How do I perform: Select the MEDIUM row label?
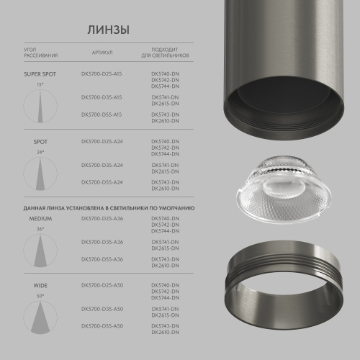(40, 217)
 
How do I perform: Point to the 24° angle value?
(40, 153)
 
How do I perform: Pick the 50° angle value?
(40, 296)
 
